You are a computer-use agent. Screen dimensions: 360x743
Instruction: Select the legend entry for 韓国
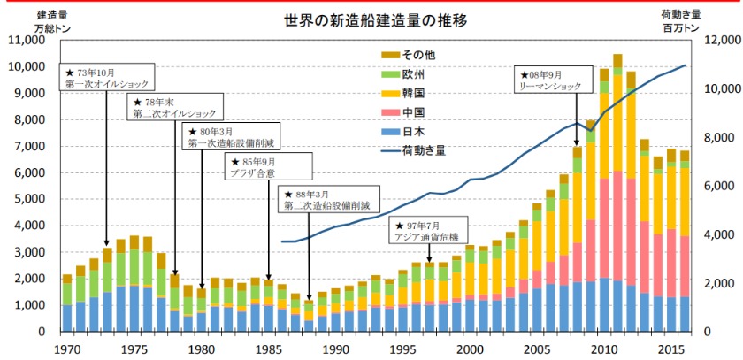[x=403, y=93]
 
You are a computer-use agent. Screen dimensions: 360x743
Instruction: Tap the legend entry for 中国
[x=403, y=112]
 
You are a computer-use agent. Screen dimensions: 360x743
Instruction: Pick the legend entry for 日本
[x=403, y=132]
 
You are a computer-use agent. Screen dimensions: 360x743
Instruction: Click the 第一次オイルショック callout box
[x=107, y=77]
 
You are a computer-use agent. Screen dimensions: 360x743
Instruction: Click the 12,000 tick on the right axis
[x=716, y=41]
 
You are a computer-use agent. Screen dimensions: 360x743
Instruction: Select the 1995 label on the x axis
[x=402, y=348]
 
